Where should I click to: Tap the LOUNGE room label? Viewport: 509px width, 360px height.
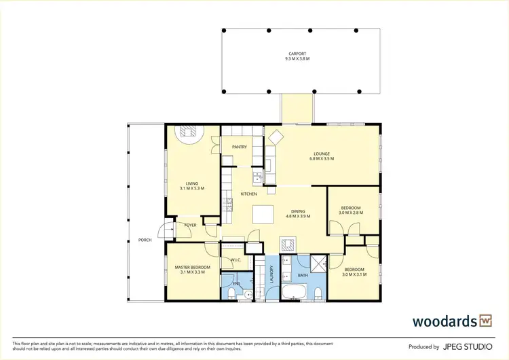click(x=322, y=154)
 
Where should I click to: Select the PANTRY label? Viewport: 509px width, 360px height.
click(x=239, y=147)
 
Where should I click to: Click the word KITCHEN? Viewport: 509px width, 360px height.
click(x=249, y=194)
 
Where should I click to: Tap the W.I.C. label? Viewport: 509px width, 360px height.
click(x=237, y=260)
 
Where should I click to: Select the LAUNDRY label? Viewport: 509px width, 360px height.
click(x=270, y=275)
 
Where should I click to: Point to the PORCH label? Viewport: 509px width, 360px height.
click(x=145, y=240)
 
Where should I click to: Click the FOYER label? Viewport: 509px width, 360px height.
click(x=191, y=225)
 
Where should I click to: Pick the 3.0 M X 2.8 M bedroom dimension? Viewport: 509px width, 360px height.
click(x=351, y=213)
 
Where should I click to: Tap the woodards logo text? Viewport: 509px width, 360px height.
click(x=445, y=320)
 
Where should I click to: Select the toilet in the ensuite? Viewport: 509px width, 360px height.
click(x=232, y=293)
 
